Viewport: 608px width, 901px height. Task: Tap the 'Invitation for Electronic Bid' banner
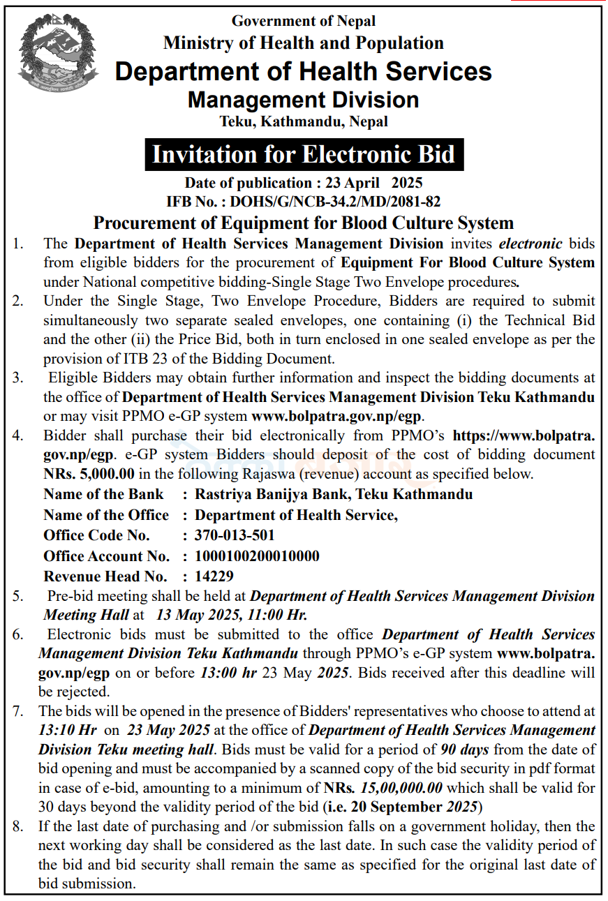coord(304,154)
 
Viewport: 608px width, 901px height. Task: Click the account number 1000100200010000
coord(257,556)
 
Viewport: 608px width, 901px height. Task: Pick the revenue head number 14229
coord(214,576)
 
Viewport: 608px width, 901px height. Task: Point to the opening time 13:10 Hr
coord(68,730)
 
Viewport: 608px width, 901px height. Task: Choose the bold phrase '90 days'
coord(464,750)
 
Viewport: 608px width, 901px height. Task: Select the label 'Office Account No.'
coord(106,556)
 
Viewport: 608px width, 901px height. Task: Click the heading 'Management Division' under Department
coord(303,100)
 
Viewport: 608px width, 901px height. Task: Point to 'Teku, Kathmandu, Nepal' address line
coord(304,121)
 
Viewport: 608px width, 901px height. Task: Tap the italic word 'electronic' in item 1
coord(530,244)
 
